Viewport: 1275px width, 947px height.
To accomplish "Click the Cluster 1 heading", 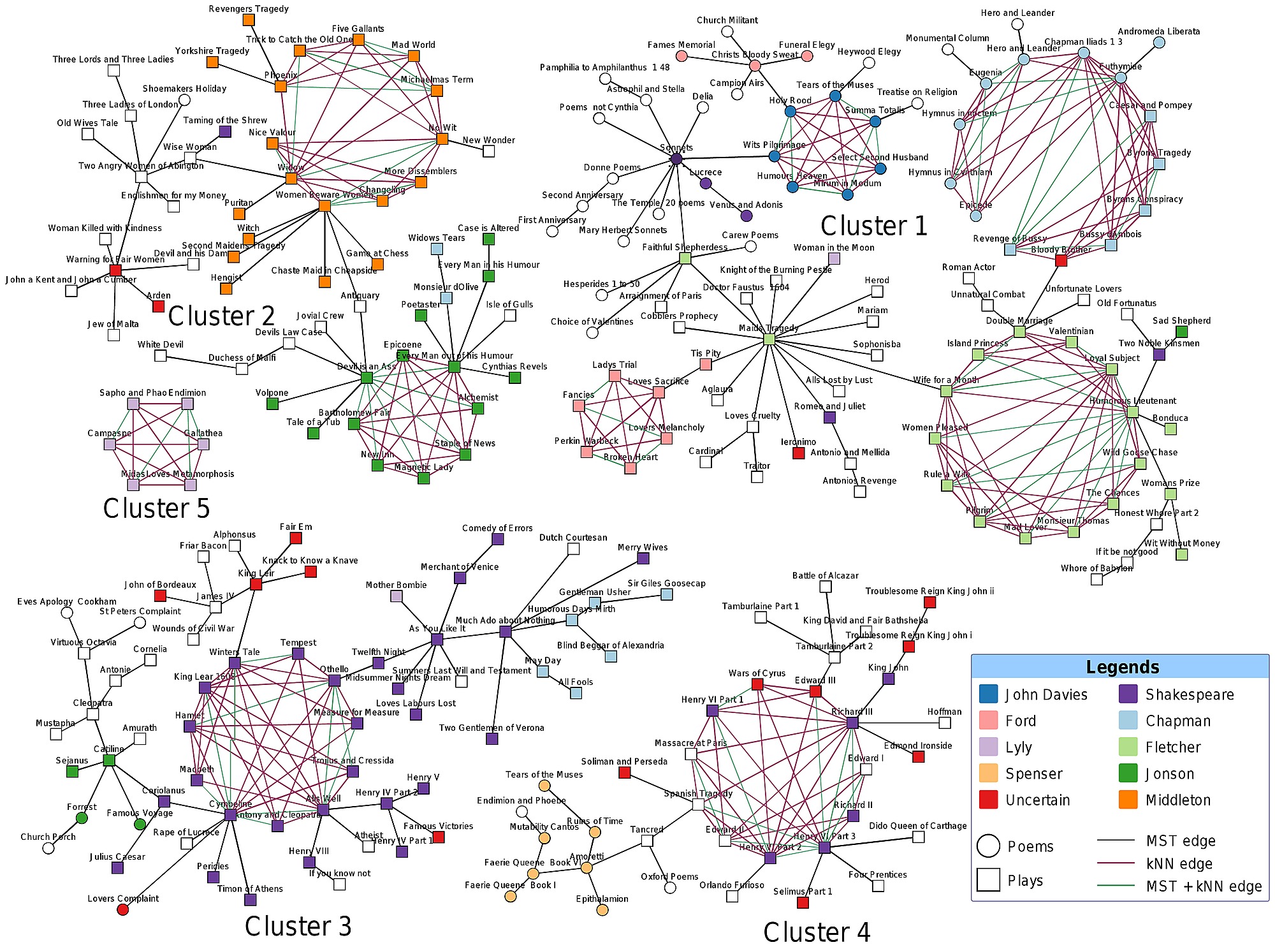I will (873, 226).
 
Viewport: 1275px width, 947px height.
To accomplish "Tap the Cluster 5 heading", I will (156, 508).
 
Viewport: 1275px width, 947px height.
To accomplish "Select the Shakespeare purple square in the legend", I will (1128, 694).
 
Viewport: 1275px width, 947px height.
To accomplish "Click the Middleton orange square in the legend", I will (1128, 799).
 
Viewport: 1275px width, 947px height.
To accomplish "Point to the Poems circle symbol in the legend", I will (988, 846).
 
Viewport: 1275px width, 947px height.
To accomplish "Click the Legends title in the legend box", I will (1122, 667).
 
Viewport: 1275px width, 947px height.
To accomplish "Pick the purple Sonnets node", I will (676, 158).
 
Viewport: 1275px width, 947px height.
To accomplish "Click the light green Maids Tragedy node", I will (769, 339).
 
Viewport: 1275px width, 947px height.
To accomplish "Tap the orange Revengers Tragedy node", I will (249, 20).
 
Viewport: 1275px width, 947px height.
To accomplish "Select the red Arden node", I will (158, 306).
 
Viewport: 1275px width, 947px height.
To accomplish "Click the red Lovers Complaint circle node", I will (123, 909).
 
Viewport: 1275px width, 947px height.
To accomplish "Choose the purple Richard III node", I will (852, 723).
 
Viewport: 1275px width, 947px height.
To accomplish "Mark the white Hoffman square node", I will (945, 723).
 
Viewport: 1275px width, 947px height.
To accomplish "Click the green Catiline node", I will (109, 760).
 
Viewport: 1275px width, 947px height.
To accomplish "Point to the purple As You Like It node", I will (437, 639).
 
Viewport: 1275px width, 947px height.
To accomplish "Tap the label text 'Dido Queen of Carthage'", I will (917, 826).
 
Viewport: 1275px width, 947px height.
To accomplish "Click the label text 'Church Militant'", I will (727, 20).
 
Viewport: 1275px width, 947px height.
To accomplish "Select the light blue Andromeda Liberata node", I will (1159, 43).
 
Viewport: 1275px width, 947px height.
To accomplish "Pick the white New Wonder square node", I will (488, 151).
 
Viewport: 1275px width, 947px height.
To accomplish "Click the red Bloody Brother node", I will (1061, 260).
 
